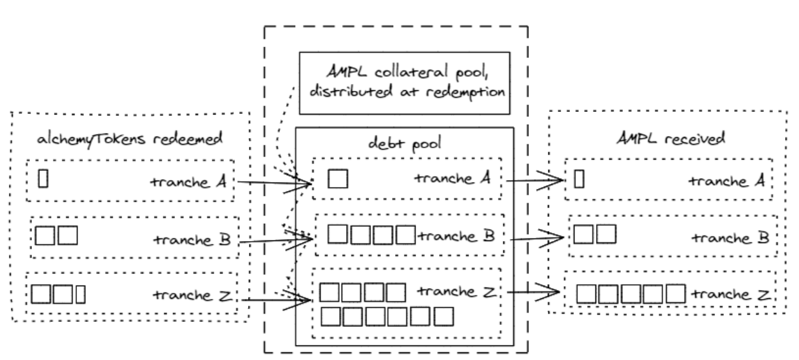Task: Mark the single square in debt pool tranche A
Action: [x=337, y=180]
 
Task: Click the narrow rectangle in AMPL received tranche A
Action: [x=579, y=180]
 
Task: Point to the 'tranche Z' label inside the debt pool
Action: [x=456, y=291]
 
